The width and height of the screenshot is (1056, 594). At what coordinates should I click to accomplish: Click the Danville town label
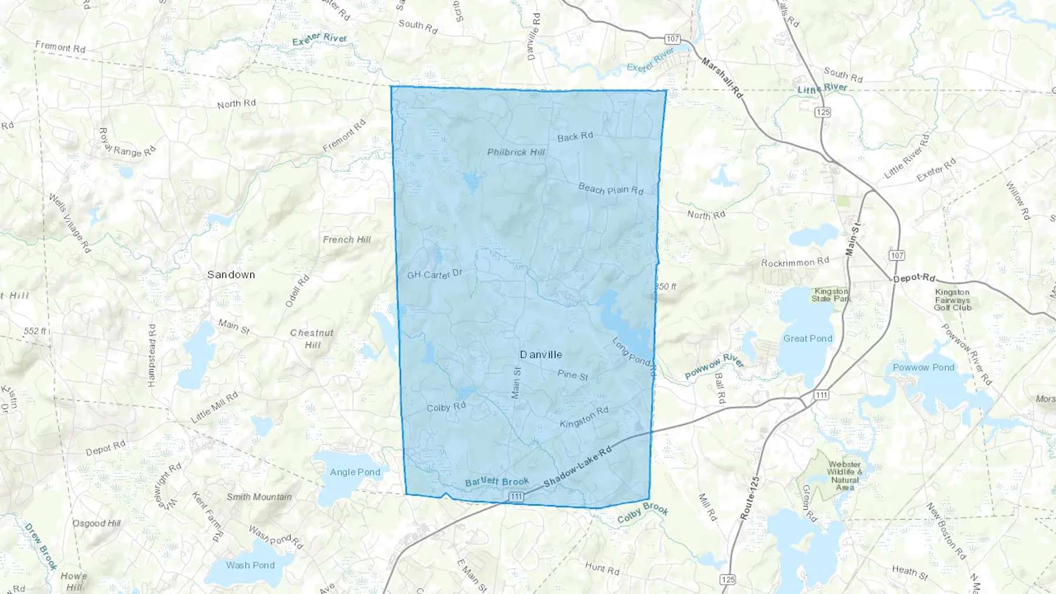point(541,355)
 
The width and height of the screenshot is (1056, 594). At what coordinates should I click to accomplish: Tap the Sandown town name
point(231,274)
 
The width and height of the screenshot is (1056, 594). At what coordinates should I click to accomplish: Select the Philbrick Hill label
point(516,152)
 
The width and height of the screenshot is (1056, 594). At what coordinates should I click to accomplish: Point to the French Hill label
point(347,239)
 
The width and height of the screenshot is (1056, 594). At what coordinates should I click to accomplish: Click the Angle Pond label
point(355,472)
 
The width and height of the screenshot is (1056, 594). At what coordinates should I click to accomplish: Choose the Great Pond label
point(808,338)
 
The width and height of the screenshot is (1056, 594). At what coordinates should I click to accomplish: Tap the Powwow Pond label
point(923,368)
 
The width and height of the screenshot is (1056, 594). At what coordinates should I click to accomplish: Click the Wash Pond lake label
point(251,565)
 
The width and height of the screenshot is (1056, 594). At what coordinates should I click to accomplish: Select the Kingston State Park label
point(831,295)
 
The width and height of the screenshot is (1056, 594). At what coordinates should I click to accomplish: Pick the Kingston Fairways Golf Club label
point(953,300)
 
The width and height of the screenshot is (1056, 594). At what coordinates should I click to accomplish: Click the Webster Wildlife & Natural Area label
point(845,476)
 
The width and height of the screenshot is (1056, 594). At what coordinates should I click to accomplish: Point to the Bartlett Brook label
point(497,482)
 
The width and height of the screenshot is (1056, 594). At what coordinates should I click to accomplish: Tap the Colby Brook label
point(642,512)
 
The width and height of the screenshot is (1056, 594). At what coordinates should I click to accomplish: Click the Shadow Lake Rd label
point(577,466)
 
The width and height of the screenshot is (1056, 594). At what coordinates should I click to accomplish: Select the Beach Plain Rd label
point(611,189)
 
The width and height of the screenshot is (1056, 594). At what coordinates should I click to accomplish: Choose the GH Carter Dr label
point(435,274)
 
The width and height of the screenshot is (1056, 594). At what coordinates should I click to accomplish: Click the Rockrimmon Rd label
point(795,262)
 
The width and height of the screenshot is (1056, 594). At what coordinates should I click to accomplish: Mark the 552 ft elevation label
point(35,331)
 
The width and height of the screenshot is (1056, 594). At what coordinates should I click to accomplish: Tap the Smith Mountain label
point(259,497)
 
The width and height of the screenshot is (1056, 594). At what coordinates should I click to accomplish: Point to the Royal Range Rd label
point(127,142)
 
